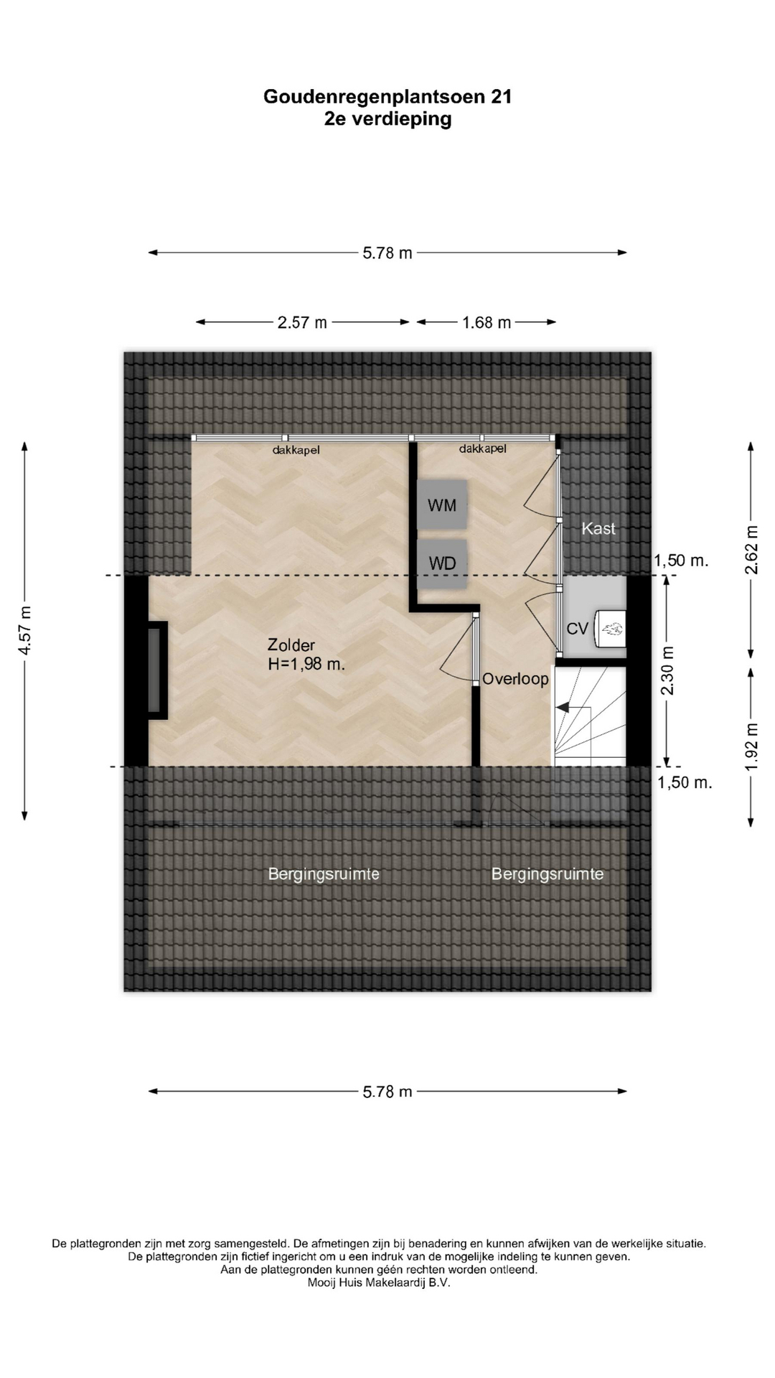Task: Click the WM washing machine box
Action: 442,505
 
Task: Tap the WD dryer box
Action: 442,563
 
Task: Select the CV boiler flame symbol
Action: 612,629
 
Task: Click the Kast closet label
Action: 598,529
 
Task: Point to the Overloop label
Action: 515,679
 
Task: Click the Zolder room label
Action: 291,645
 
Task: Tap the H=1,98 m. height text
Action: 306,665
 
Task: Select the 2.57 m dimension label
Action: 302,323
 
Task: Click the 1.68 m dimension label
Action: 487,323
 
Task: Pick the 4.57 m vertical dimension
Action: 25,630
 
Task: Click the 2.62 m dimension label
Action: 751,550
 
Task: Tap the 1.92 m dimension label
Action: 751,747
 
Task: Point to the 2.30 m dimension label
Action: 667,670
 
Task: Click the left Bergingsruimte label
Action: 324,874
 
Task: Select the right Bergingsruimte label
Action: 548,874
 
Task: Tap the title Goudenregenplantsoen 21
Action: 387,97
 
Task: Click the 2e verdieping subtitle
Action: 387,119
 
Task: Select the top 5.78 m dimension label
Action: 387,253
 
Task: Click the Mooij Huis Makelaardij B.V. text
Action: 379,1283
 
